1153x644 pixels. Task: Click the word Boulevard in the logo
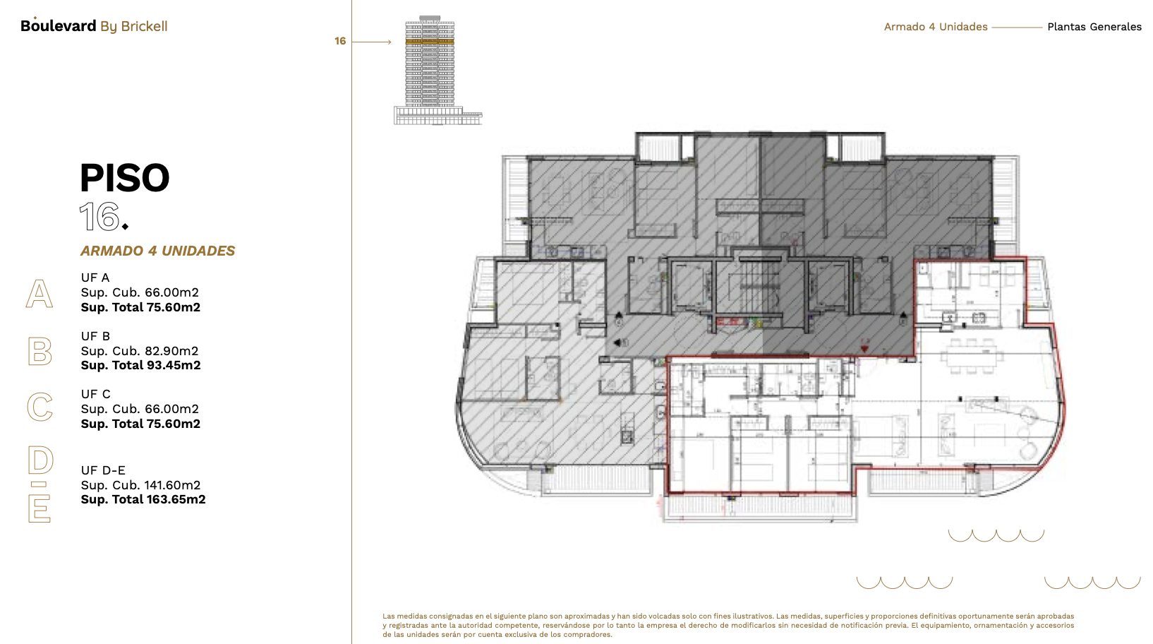point(58,25)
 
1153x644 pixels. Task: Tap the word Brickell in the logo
point(144,26)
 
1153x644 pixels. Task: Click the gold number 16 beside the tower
point(340,41)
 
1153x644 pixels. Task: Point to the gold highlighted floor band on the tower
point(430,41)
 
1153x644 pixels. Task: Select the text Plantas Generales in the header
point(1094,27)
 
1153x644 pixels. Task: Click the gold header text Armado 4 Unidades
point(936,27)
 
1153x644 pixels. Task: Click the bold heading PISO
point(125,178)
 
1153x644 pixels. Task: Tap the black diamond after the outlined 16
point(125,227)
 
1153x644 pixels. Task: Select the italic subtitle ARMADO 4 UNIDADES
point(157,251)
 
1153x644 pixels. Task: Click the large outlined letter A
point(40,294)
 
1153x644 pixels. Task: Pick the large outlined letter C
point(40,407)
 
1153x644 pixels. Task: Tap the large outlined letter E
point(40,508)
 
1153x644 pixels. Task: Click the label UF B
point(95,336)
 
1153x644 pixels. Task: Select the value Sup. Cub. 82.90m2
point(140,351)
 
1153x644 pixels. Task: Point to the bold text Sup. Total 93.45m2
point(140,365)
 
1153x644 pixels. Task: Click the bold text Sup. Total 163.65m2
point(143,499)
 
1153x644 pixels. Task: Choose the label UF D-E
point(103,470)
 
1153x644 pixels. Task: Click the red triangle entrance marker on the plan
point(865,349)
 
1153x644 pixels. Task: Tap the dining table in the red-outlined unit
point(971,355)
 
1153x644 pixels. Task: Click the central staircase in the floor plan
point(760,289)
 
